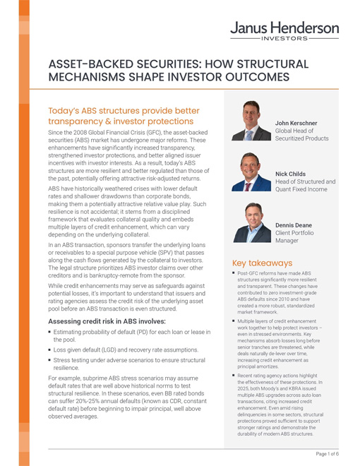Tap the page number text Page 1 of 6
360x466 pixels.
(329, 454)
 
